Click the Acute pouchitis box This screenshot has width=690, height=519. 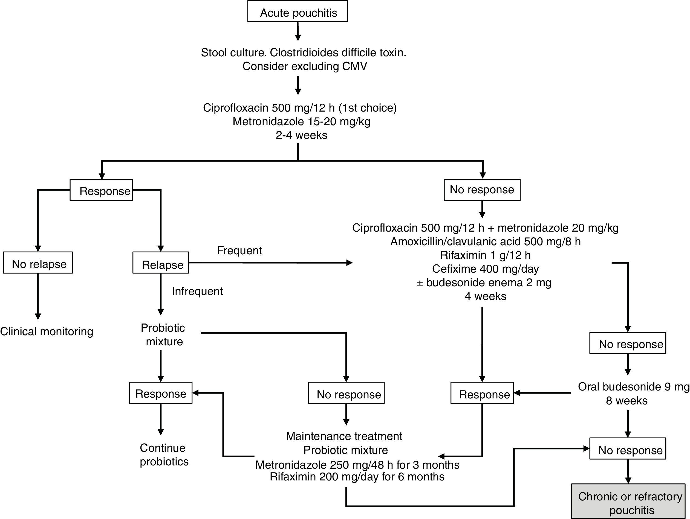coord(297,11)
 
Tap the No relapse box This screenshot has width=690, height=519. coord(38,263)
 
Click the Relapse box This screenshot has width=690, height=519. coord(161,263)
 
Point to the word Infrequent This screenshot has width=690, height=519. coord(197,291)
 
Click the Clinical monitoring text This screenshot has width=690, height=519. coord(47,331)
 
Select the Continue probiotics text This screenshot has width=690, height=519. coord(164,454)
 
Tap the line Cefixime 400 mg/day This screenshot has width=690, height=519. coord(485,269)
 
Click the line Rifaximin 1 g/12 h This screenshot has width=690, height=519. coord(485,255)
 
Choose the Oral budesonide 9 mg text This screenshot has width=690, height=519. coord(633,387)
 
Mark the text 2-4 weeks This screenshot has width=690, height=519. coord(301,135)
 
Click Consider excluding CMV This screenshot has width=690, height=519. coord(304,66)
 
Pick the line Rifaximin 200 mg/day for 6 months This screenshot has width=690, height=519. coord(357,477)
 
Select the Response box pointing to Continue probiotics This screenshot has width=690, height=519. coord(161,393)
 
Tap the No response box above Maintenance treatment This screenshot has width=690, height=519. coord(346,393)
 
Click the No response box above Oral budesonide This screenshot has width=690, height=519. coord(628,343)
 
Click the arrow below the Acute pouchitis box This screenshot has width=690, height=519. coord(298,31)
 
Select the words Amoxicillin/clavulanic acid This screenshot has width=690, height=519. coord(456,241)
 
